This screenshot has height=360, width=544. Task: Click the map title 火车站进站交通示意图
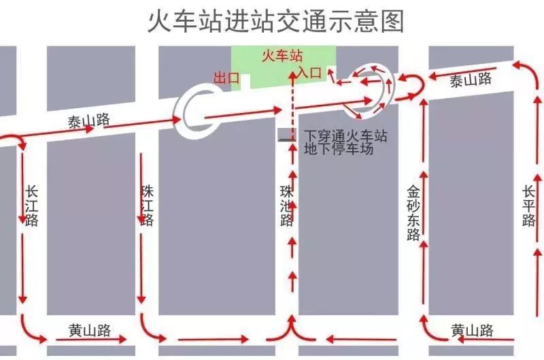click(276, 21)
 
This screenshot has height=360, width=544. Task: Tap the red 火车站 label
click(282, 56)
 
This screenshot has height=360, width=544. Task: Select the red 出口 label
click(226, 78)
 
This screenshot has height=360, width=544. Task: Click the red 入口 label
click(309, 73)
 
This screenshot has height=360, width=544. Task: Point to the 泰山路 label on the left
click(89, 121)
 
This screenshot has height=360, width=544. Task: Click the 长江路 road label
click(31, 206)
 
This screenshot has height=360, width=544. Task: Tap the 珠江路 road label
click(148, 206)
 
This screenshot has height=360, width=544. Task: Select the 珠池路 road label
click(287, 206)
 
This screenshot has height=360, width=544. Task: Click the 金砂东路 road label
click(413, 213)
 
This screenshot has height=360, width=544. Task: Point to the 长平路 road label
click(528, 206)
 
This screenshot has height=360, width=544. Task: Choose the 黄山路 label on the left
click(90, 330)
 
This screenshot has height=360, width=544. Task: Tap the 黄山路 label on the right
click(472, 330)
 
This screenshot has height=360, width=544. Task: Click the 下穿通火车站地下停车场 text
click(345, 142)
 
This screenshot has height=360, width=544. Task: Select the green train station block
click(284, 66)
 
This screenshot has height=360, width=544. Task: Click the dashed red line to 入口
click(293, 105)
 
